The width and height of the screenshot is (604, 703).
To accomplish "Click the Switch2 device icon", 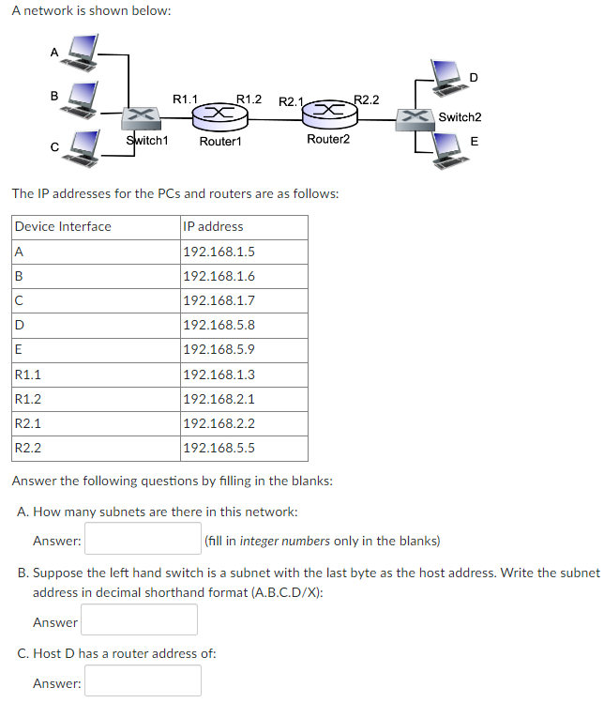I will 414,117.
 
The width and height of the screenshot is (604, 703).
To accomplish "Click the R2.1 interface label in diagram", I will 292,100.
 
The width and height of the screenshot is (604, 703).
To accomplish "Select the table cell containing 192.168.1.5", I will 243,252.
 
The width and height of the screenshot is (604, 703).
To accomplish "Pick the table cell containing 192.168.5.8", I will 243,326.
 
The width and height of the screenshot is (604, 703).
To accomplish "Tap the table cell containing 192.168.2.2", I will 243,423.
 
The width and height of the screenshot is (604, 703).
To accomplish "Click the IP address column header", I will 243,226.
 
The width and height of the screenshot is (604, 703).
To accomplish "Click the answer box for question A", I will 143,540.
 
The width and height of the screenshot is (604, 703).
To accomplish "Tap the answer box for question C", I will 143,681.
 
